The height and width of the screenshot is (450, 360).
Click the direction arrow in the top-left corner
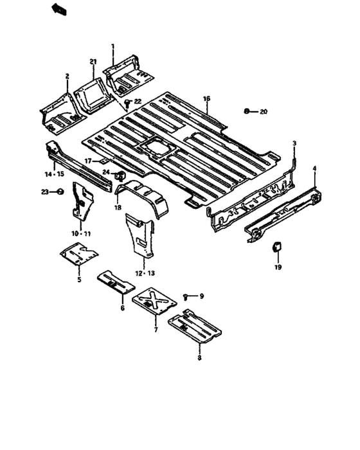(x=59, y=8)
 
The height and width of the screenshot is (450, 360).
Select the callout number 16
(x=206, y=98)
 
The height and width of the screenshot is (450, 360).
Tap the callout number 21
(x=93, y=62)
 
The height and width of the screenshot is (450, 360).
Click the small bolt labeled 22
(x=128, y=102)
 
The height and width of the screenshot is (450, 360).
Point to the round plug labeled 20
(x=248, y=111)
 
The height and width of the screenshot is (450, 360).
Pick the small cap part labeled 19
(x=278, y=246)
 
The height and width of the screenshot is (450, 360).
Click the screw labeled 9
(x=186, y=296)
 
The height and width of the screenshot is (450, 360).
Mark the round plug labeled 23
(x=60, y=192)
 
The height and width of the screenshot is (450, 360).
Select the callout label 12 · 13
(x=145, y=273)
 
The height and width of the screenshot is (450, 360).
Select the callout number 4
(x=314, y=168)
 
